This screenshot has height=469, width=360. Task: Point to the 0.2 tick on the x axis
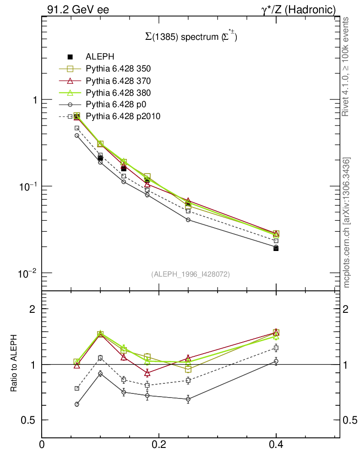158,444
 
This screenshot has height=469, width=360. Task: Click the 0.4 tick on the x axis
276,444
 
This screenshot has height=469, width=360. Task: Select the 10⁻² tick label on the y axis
28,273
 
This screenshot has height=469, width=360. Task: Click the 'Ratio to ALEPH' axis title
14,364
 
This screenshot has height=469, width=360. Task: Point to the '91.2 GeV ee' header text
78,10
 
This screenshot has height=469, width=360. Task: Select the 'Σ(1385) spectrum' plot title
191,38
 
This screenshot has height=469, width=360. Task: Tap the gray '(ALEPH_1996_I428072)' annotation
191,274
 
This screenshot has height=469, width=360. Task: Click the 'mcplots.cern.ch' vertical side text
347,223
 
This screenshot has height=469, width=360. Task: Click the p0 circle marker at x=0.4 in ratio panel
276,361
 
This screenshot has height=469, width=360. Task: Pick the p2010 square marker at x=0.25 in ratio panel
188,380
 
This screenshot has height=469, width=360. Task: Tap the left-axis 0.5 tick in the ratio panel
30,420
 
